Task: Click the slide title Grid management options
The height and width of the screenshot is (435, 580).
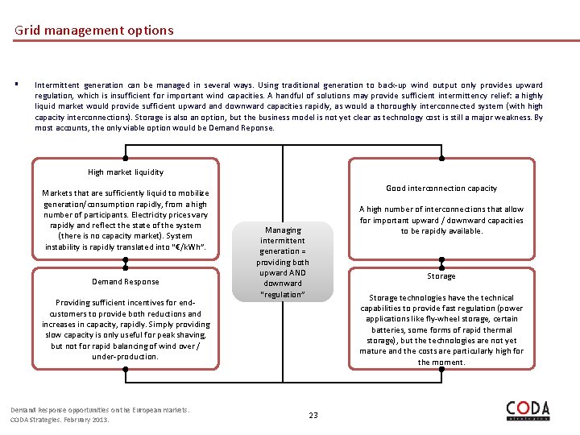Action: point(93,31)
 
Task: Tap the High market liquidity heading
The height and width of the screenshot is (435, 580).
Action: point(125,172)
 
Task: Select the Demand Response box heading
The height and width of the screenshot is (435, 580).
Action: point(125,281)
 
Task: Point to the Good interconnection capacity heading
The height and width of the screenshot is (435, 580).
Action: point(441,188)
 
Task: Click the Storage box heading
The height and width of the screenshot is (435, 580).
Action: point(441,276)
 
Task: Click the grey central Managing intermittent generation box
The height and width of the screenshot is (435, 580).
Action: point(283,262)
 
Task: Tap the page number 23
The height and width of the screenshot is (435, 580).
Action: point(313,415)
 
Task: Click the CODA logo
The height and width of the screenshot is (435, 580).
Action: point(528,410)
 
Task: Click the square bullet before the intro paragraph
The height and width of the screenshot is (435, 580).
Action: point(16,85)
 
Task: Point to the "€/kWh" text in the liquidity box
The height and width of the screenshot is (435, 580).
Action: point(188,247)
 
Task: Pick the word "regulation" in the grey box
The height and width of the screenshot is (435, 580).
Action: point(283,294)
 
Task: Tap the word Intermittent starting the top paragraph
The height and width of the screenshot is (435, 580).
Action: point(56,85)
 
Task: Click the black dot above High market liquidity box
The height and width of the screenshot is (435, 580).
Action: point(125,158)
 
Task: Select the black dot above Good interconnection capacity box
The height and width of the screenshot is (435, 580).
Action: point(441,158)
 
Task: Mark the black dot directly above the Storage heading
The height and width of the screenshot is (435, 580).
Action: point(441,262)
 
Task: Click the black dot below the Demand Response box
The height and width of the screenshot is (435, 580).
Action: point(125,370)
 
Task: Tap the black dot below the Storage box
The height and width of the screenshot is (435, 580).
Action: point(441,370)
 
